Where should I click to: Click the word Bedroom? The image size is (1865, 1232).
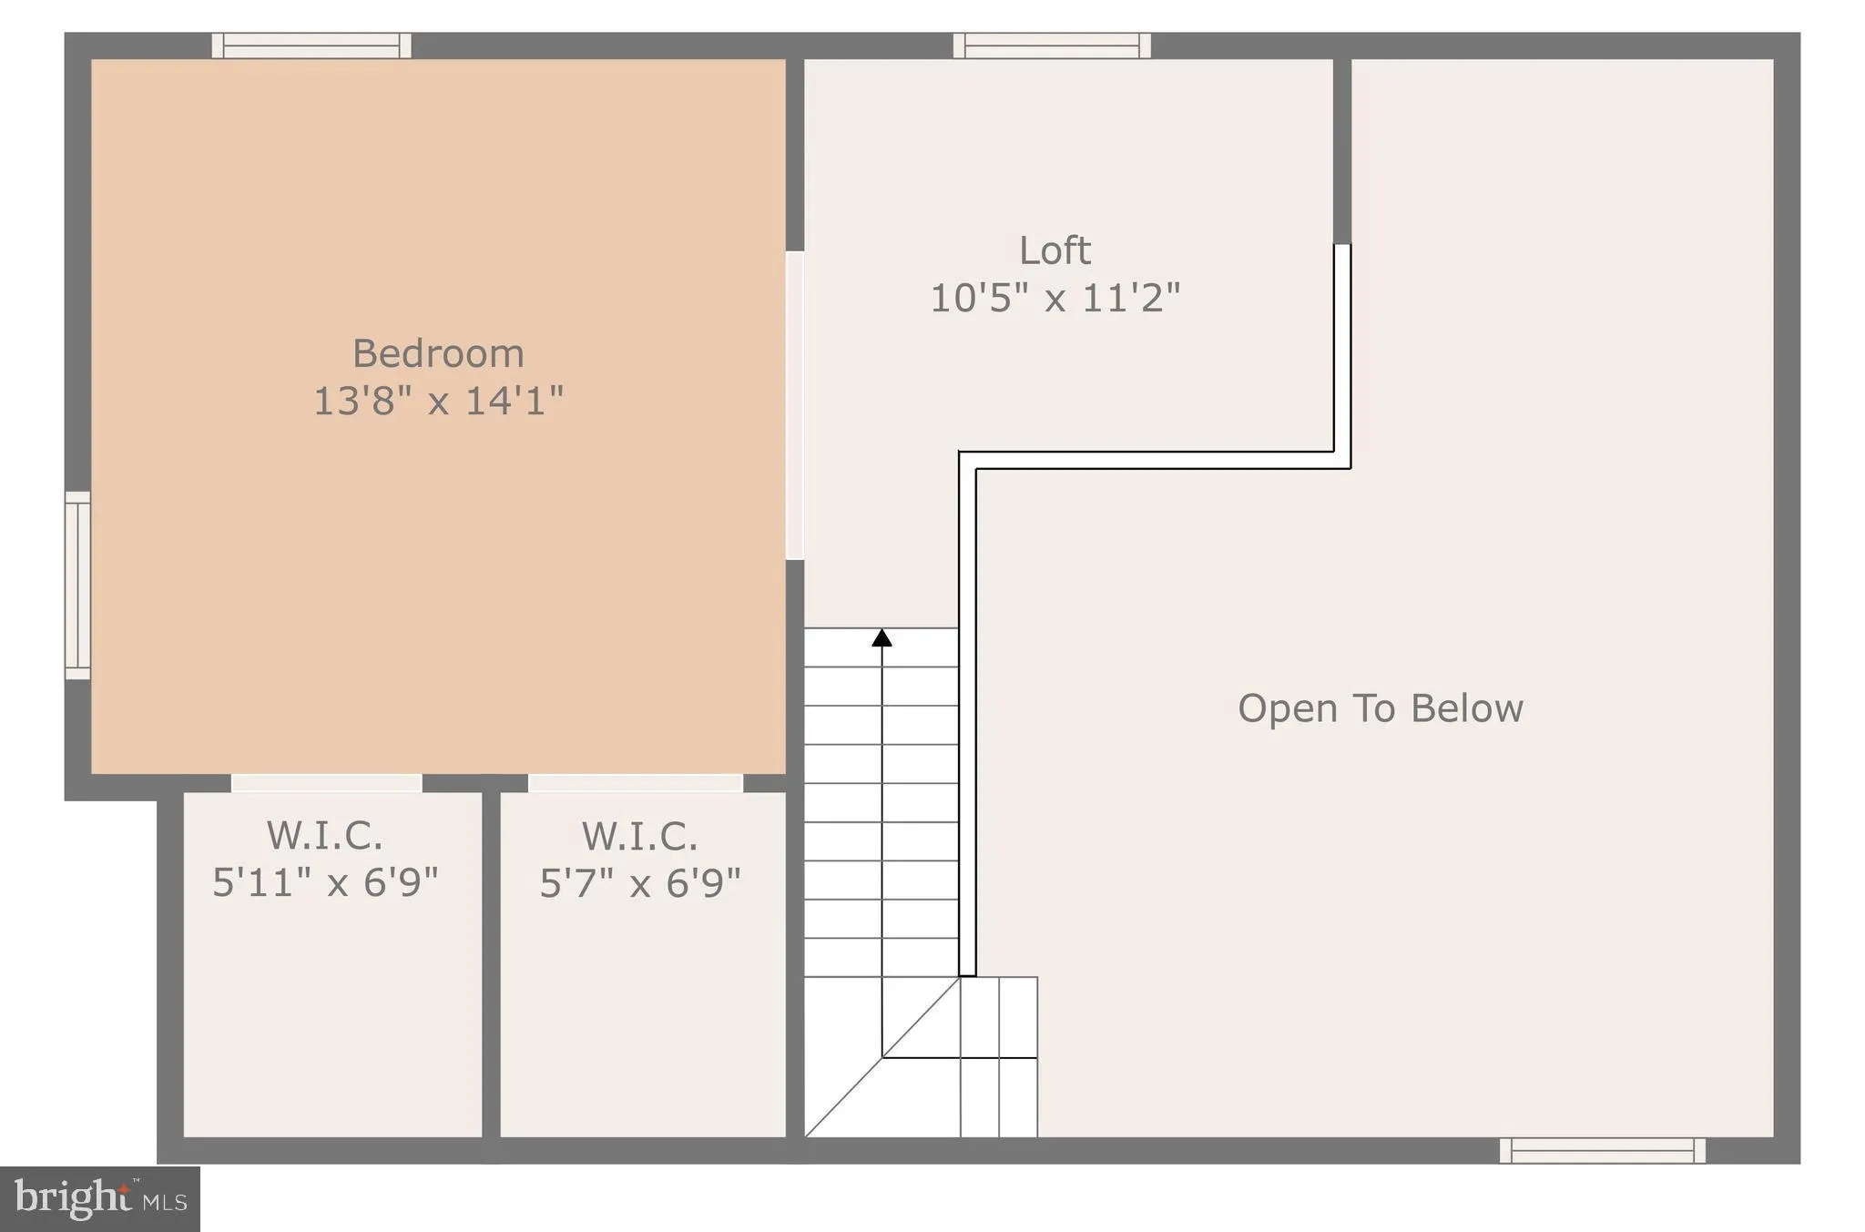(x=438, y=353)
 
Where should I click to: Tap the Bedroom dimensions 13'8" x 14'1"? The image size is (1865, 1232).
(x=438, y=401)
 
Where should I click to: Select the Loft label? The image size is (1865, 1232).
(x=1055, y=250)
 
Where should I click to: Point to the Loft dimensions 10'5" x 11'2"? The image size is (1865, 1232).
(x=1055, y=298)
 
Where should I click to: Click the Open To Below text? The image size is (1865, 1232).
(x=1380, y=708)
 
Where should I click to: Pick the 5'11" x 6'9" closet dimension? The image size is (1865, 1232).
(x=325, y=882)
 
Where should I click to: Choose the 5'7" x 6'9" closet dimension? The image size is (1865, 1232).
(x=640, y=882)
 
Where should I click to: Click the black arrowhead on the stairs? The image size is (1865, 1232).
(x=882, y=637)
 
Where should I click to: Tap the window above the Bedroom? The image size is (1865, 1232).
(x=311, y=46)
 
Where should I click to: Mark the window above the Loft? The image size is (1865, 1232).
(x=1052, y=46)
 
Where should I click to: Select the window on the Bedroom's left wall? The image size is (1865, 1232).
(x=77, y=585)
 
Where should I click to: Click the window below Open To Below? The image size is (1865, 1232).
(x=1603, y=1151)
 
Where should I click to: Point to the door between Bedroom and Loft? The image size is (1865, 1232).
(x=795, y=405)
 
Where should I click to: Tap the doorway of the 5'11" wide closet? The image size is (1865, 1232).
(x=326, y=783)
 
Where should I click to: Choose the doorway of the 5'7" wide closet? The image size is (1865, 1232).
(x=636, y=783)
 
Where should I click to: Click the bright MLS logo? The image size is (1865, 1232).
(x=100, y=1198)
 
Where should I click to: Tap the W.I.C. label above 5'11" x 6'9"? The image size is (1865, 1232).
(x=325, y=836)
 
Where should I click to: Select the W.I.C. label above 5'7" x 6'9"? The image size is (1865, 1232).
(x=640, y=836)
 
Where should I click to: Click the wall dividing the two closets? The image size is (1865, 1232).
(x=491, y=965)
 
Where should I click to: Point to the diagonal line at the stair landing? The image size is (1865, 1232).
(x=882, y=1058)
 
